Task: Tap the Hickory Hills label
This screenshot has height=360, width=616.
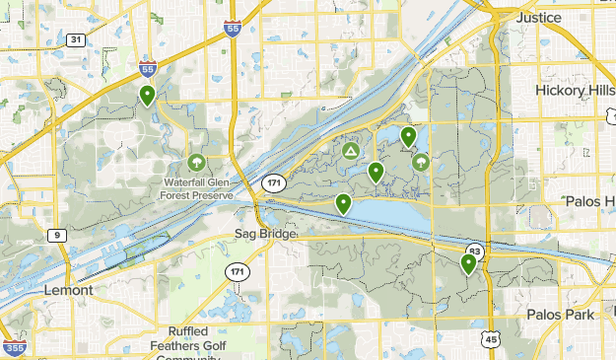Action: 576,90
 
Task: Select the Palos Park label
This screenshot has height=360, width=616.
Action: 560,315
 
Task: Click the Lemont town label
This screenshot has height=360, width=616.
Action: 69,291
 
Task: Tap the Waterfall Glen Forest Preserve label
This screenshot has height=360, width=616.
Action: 198,187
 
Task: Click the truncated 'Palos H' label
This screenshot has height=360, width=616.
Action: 589,201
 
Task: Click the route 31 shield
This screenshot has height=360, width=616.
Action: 77,39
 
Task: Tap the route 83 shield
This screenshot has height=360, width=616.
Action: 475,252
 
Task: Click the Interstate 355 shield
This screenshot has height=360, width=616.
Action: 14,347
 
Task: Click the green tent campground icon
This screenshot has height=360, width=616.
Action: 351,152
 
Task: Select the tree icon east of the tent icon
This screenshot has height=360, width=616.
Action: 421,162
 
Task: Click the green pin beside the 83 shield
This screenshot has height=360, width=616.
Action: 468,263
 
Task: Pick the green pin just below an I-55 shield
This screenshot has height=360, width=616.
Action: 147,96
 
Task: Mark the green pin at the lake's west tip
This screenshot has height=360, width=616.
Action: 343,204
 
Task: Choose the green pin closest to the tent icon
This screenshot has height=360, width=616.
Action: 376,173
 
